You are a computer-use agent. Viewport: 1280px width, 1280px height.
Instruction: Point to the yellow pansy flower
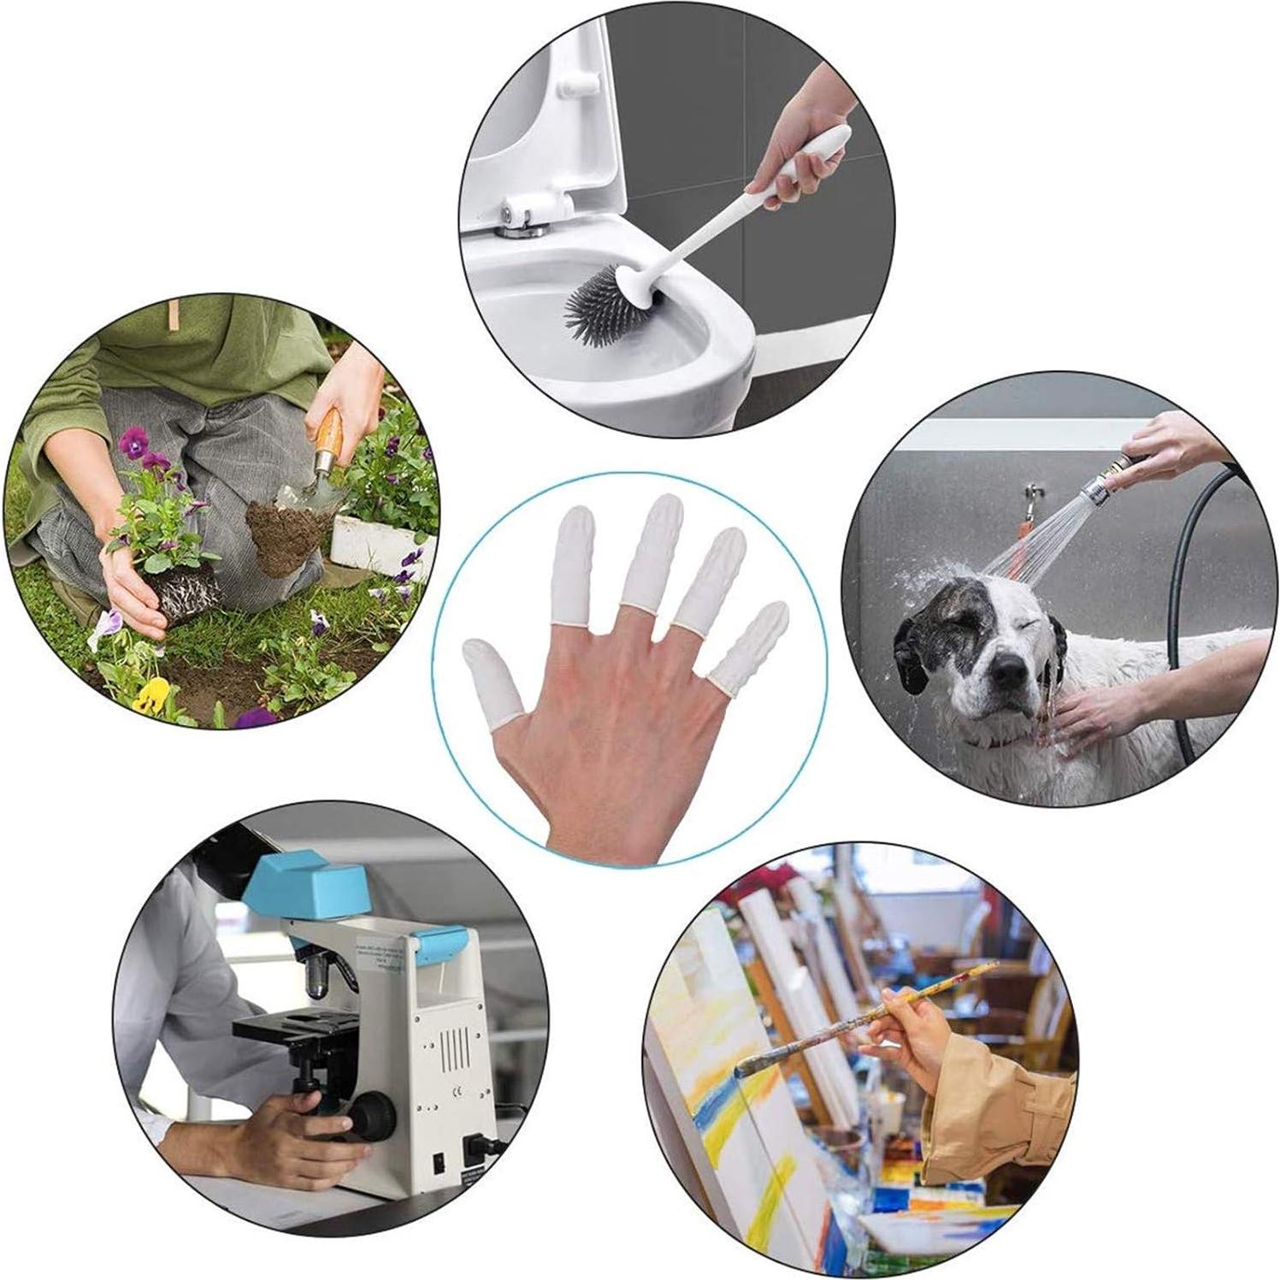click(x=150, y=693)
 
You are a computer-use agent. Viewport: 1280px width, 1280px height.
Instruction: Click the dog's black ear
click(x=909, y=658)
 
